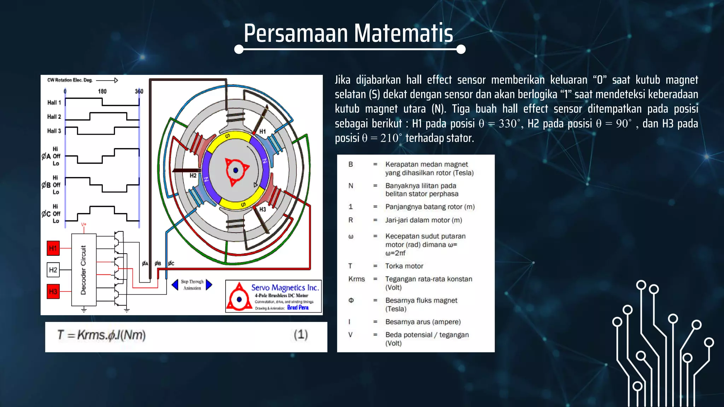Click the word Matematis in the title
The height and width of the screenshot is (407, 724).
tap(403, 33)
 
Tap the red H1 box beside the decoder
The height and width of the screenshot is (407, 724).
tap(53, 248)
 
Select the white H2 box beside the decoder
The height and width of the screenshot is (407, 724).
tap(53, 270)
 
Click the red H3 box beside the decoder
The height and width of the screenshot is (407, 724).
tap(53, 291)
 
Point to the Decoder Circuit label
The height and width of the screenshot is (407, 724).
tap(83, 270)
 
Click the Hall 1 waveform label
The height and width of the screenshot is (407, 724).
tap(54, 102)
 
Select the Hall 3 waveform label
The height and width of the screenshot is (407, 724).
tap(54, 131)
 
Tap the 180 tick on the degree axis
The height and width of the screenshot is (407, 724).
tap(102, 91)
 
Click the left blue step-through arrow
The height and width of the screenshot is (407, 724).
tap(175, 284)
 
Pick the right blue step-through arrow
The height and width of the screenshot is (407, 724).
tap(209, 284)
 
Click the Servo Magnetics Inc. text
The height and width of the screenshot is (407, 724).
tap(285, 288)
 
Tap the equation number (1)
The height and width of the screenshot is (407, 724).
tap(301, 335)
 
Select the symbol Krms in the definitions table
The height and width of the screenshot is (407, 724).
tap(356, 279)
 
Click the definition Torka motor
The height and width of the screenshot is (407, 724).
tap(404, 266)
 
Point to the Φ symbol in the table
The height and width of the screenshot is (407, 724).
tap(351, 300)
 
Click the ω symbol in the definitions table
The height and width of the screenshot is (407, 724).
tap(351, 236)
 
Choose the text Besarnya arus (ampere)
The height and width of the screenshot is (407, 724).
tap(423, 322)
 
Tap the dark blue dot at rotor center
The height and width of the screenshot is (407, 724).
tap(236, 170)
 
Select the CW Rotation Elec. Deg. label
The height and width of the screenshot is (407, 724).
tap(70, 80)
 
